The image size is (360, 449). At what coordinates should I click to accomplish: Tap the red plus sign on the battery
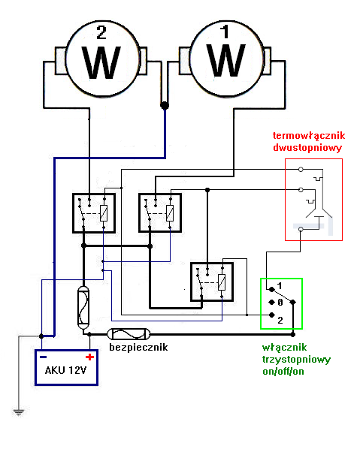pos(89,357)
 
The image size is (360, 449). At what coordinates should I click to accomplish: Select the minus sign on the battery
pos(44,357)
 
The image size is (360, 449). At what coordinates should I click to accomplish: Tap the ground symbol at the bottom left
pos(17,412)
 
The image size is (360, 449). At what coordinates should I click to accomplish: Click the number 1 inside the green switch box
pos(279,287)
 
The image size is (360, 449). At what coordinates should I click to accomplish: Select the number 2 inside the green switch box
pos(279,319)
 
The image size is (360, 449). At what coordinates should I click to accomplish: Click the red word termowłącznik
pos(308,135)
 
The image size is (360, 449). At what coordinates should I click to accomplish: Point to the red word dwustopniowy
pos(307,148)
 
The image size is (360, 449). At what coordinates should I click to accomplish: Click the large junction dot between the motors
pos(165,107)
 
